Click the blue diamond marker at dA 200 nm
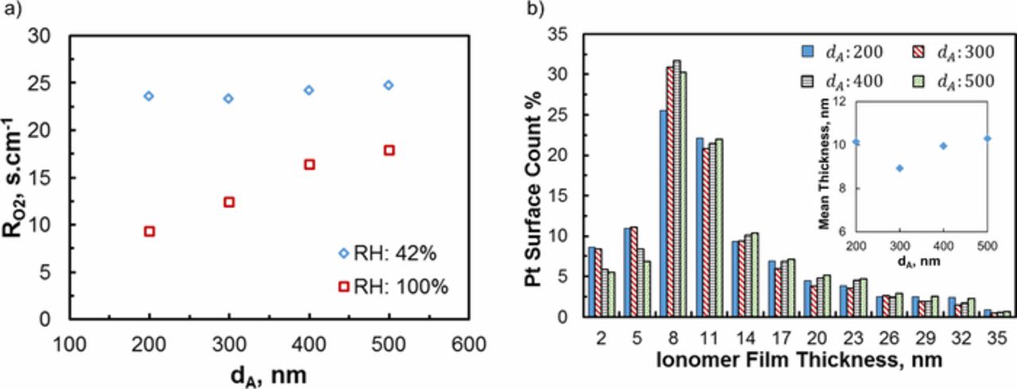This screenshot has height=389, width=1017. tap(149, 96)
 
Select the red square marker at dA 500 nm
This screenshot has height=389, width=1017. tap(389, 150)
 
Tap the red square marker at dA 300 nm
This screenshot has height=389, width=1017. tap(229, 202)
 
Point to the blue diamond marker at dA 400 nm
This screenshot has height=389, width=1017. tap(308, 91)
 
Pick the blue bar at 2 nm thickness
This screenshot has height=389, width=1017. tap(591, 282)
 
